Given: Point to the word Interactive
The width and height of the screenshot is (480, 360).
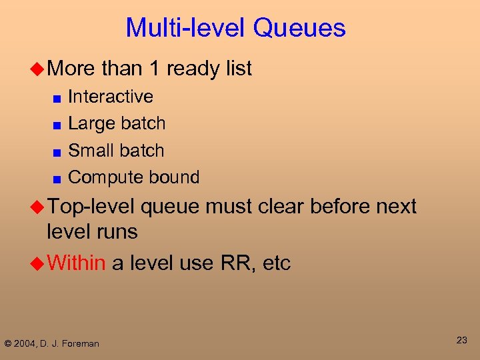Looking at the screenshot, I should [111, 97].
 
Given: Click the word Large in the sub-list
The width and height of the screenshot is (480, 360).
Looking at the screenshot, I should [90, 123].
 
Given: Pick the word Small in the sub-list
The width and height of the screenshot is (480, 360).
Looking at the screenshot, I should [90, 151].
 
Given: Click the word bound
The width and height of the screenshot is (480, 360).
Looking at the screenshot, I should [175, 177].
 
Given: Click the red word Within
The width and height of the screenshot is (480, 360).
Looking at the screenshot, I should [76, 263].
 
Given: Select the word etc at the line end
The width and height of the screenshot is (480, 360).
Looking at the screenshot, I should [277, 263].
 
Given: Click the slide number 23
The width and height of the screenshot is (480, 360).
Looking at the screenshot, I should [461, 340].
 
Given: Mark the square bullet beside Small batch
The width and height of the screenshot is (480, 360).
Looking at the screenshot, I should [58, 152].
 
